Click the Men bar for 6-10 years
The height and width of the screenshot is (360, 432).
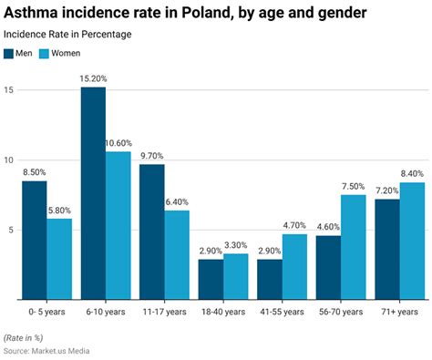click(x=93, y=193)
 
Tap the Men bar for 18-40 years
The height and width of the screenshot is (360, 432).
click(x=211, y=279)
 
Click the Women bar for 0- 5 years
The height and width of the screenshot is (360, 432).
click(x=59, y=259)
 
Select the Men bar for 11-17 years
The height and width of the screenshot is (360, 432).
click(x=152, y=231)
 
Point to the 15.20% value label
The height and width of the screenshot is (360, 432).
click(x=93, y=78)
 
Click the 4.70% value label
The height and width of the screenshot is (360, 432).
click(x=294, y=225)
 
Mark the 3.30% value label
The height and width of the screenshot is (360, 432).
click(x=235, y=244)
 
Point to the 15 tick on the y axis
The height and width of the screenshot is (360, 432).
click(x=8, y=90)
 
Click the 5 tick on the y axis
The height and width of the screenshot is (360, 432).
click(x=10, y=230)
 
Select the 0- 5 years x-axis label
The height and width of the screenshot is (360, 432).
click(x=46, y=311)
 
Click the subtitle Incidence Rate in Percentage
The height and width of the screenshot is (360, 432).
click(x=67, y=34)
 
